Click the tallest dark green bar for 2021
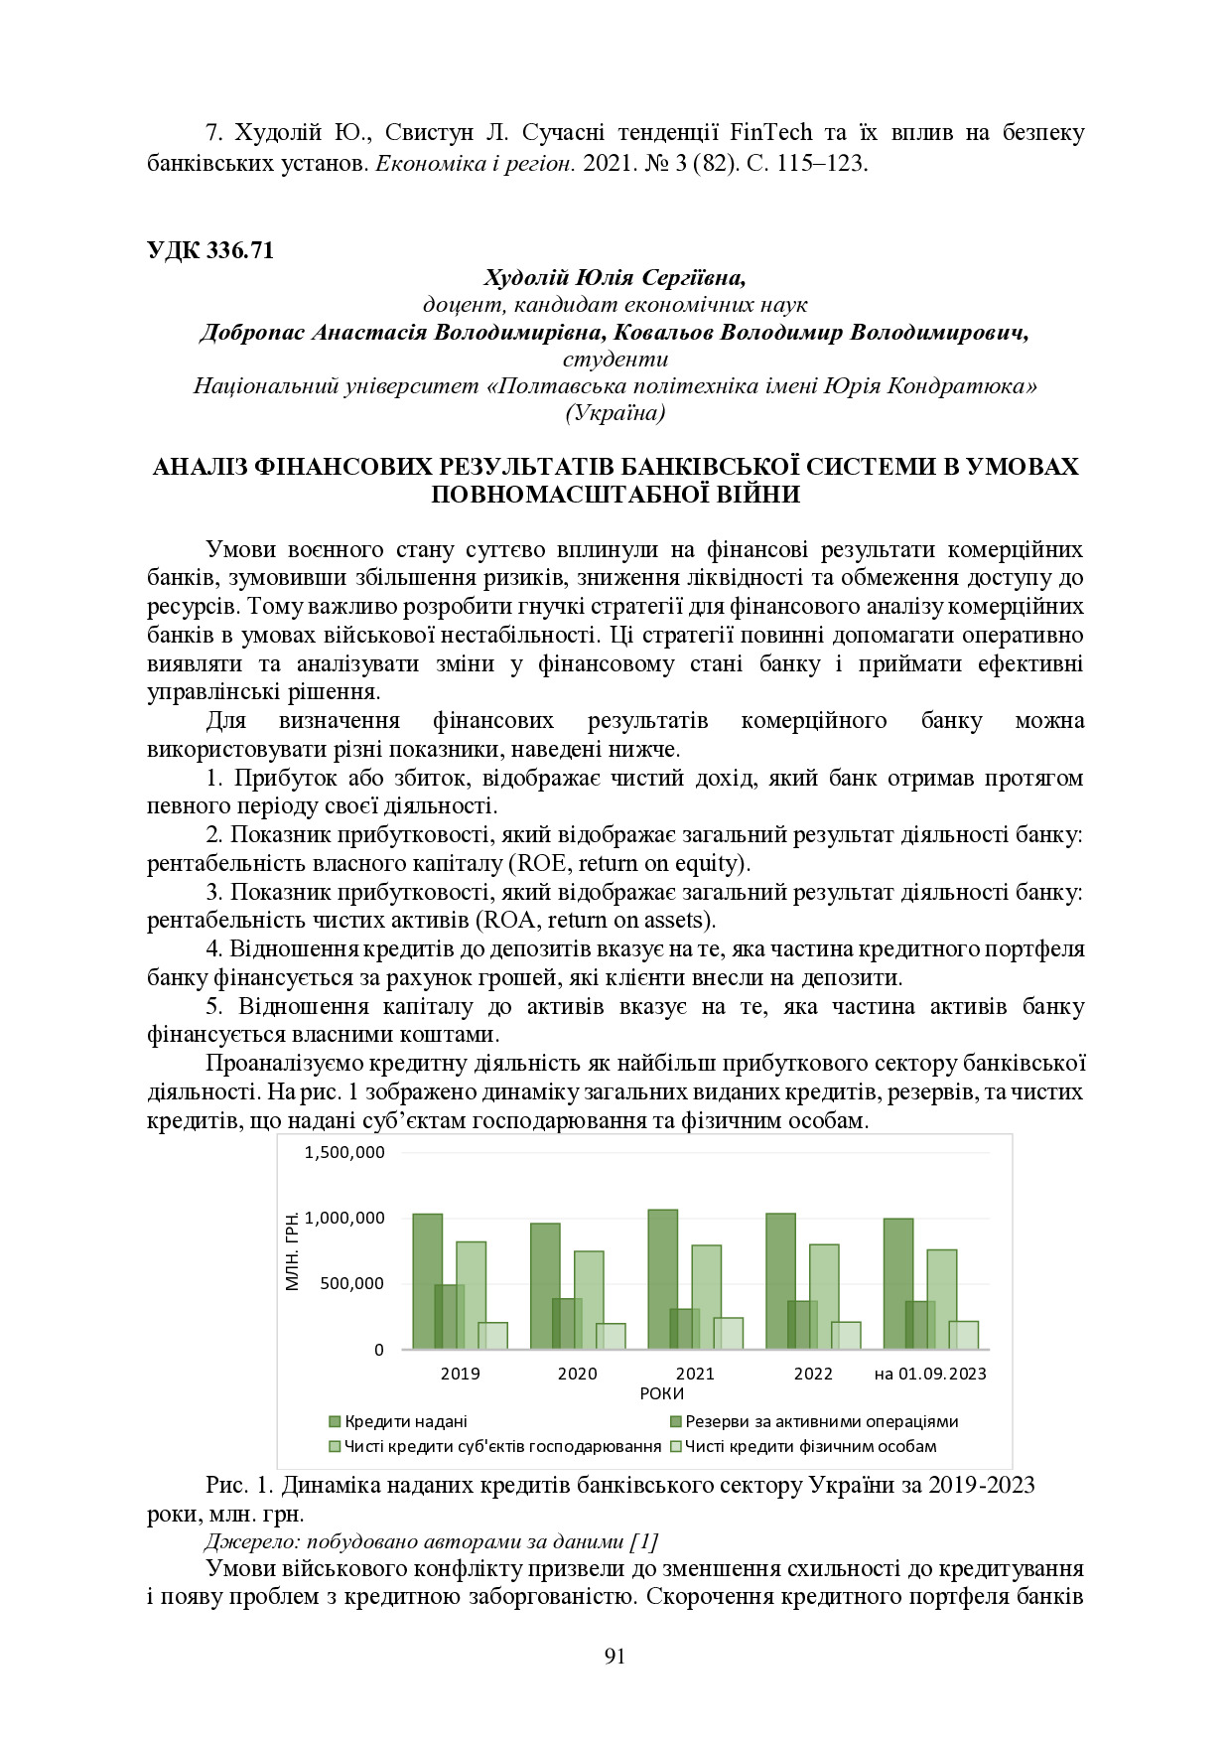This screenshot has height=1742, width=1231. [x=662, y=1279]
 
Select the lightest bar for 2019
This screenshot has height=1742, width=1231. [x=492, y=1336]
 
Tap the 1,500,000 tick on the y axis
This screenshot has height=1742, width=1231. [x=344, y=1152]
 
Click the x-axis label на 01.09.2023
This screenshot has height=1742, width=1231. [x=929, y=1374]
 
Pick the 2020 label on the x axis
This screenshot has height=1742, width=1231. [x=577, y=1374]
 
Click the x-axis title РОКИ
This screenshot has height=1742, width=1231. [x=661, y=1393]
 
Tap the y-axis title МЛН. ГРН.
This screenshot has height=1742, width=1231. [x=293, y=1251]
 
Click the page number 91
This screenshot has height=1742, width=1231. [x=615, y=1656]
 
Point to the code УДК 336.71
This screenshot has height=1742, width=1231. [x=209, y=250]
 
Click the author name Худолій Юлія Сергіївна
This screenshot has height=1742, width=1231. [x=615, y=277]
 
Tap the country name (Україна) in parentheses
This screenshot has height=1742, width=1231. [x=615, y=413]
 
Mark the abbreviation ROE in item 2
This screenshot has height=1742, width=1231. [x=542, y=863]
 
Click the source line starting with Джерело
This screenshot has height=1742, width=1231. [x=431, y=1541]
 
